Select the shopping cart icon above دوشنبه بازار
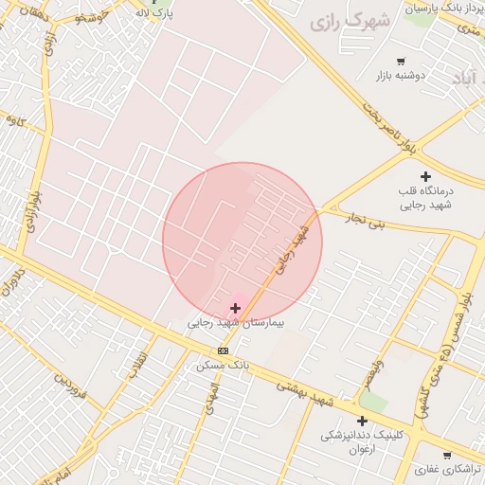402,61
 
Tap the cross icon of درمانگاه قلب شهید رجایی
425,176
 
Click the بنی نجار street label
365,224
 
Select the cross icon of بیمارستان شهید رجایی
235,308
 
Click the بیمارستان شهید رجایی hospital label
235,323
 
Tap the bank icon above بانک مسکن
223,350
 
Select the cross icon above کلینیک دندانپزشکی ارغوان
362,421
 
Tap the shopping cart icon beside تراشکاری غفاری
447,456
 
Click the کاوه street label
14,120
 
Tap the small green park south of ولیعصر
373,402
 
